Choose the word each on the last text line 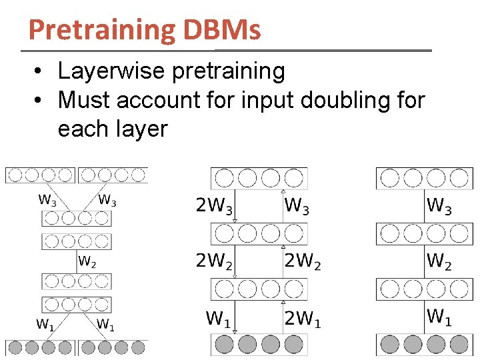click(83, 128)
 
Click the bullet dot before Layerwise click(40, 71)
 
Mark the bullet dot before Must click(40, 101)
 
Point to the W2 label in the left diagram click(87, 261)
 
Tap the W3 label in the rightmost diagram click(439, 206)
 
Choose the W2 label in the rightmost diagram click(439, 262)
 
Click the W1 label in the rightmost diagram click(439, 317)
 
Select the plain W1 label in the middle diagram click(219, 319)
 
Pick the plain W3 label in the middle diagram click(297, 206)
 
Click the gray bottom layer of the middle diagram click(259, 344)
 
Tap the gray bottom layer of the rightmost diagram click(424, 344)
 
